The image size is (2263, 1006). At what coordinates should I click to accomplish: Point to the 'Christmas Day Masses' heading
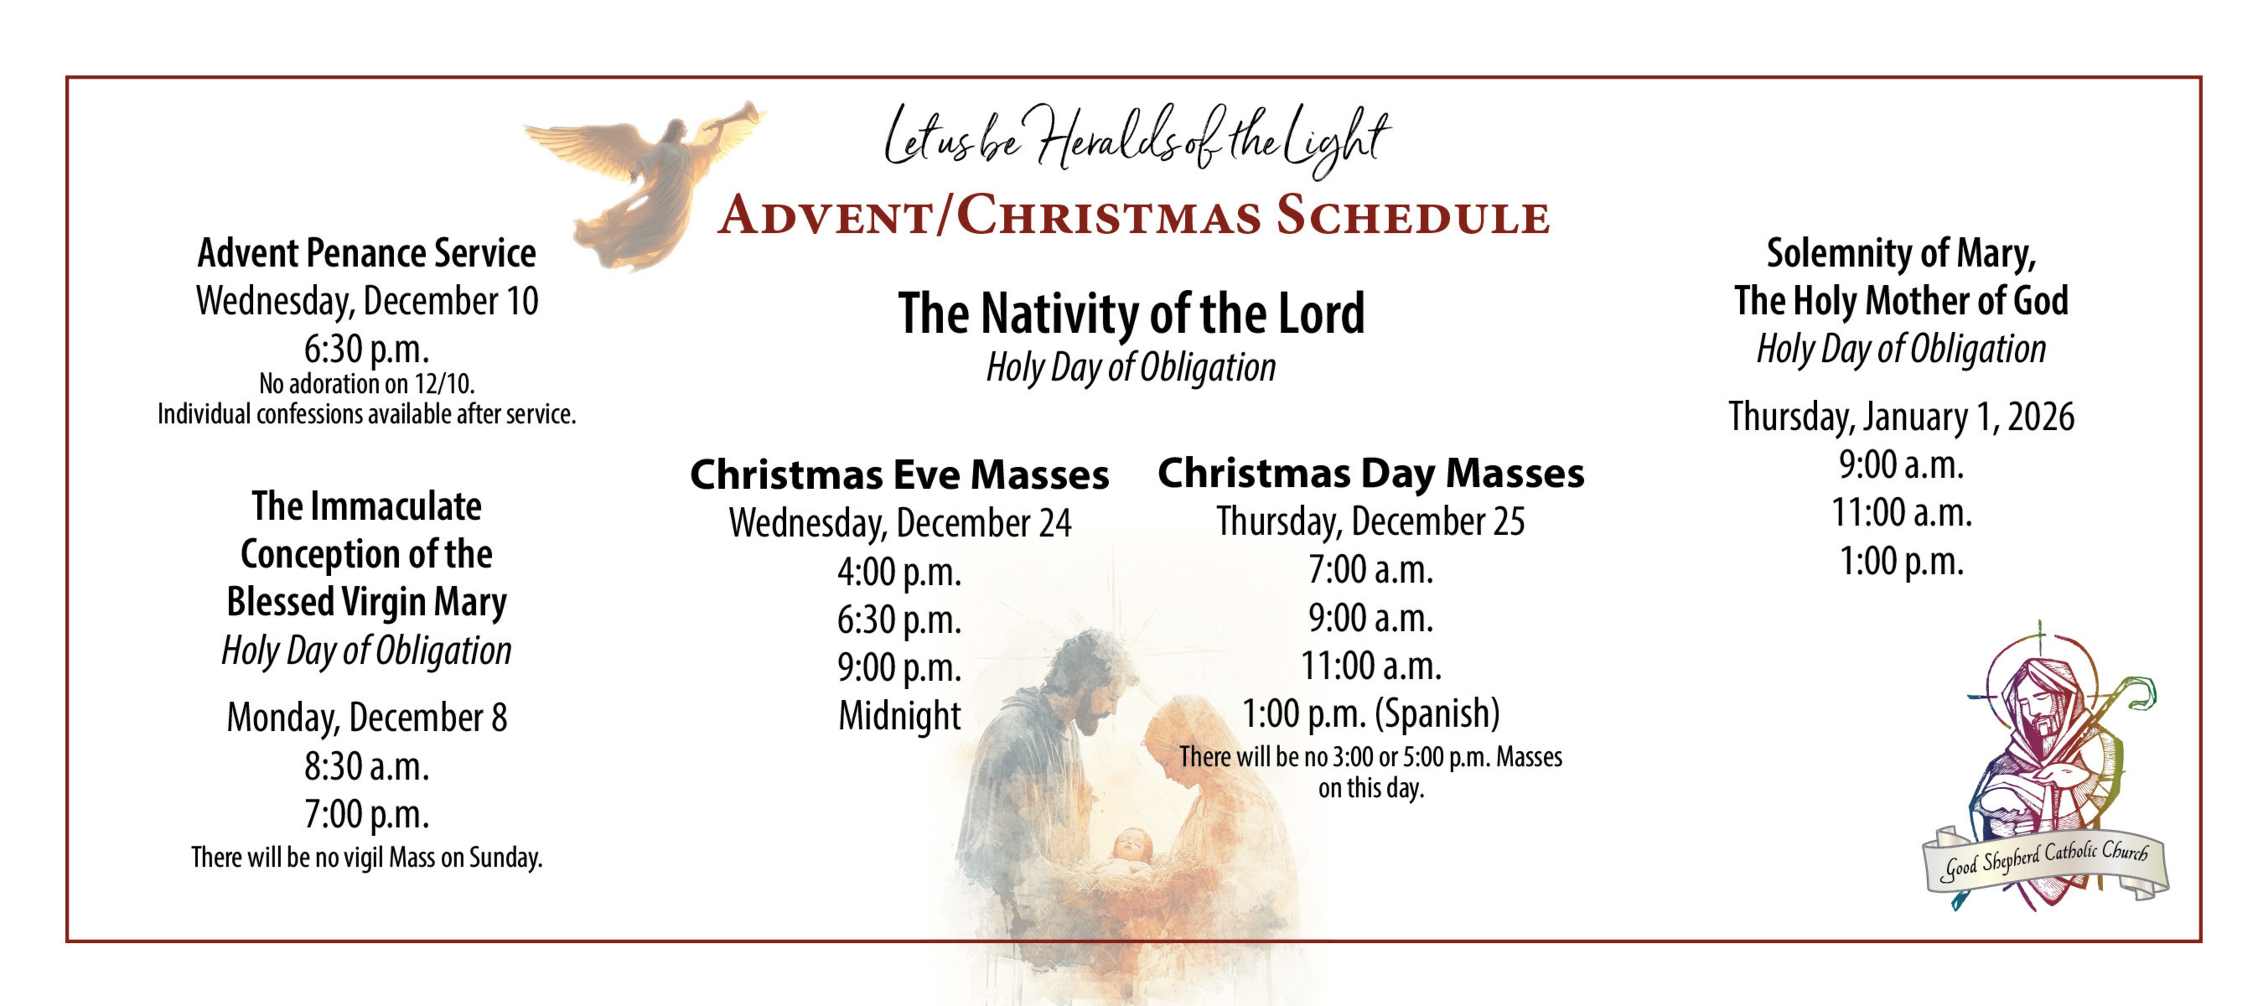pos(1370,473)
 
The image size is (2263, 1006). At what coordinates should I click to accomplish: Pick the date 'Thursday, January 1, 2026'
pos(1901,417)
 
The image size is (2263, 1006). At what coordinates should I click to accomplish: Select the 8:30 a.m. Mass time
pos(366,766)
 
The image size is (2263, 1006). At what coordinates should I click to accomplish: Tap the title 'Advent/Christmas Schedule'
pos(1133,215)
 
